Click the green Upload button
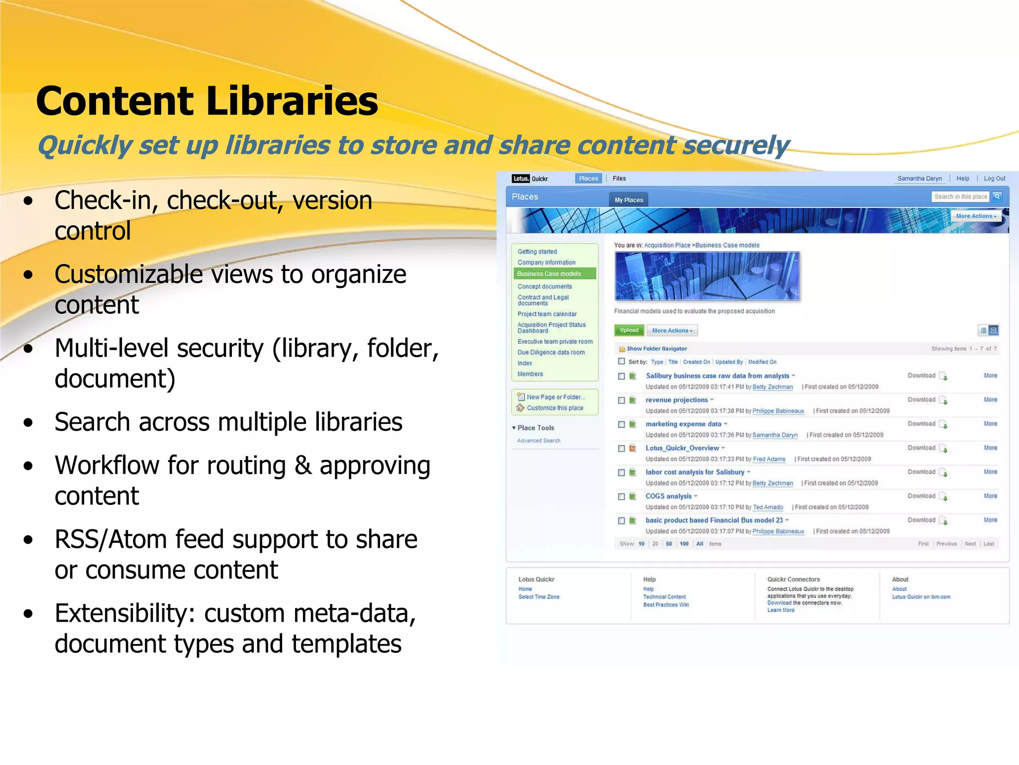click(x=629, y=330)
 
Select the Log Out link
click(x=994, y=178)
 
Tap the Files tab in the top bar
click(x=619, y=178)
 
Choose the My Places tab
click(x=628, y=200)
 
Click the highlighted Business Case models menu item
click(x=549, y=273)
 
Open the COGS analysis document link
click(x=668, y=496)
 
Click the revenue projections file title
click(x=676, y=400)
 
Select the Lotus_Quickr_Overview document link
click(x=682, y=448)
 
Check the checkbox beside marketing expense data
click(x=621, y=424)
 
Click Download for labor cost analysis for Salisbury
click(x=921, y=472)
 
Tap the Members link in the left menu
click(x=530, y=374)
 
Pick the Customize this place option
click(x=555, y=408)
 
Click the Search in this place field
click(x=960, y=197)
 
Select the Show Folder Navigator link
click(x=657, y=349)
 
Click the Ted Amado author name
click(x=768, y=507)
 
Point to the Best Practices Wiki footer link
click(x=666, y=605)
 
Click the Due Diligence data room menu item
click(x=551, y=352)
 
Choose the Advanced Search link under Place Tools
click(x=538, y=441)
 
